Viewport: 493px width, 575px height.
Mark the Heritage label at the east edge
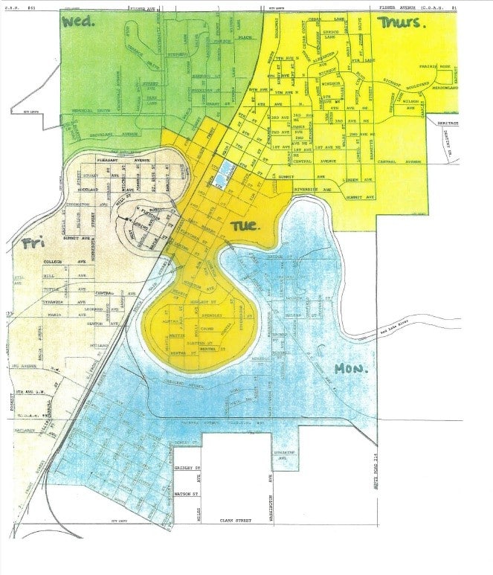448,123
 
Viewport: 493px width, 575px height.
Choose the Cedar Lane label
331,20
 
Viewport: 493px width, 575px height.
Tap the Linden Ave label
350,179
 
